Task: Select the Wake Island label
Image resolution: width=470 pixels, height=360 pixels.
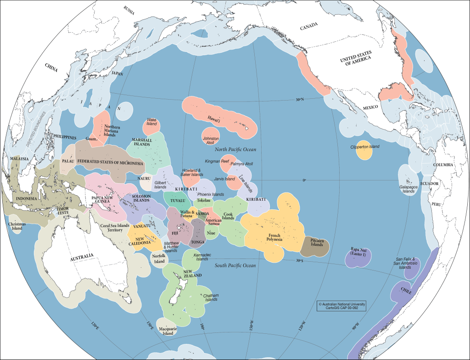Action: (x=152, y=122)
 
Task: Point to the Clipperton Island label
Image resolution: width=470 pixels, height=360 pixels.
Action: (x=364, y=146)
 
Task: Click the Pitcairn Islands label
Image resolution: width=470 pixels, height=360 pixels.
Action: (x=317, y=242)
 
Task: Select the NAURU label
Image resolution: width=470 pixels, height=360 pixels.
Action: (x=144, y=179)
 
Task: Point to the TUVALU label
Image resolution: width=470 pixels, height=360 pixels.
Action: (x=178, y=201)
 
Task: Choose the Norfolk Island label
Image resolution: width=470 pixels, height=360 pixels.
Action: (x=159, y=259)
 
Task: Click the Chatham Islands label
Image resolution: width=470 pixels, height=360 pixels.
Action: (x=211, y=297)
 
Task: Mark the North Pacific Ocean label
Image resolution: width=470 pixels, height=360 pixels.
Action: (x=235, y=150)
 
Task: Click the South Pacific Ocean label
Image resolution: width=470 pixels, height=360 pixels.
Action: (x=235, y=265)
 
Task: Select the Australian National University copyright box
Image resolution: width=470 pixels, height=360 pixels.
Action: (x=339, y=306)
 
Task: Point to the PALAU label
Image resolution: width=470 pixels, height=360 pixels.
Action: (x=68, y=161)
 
